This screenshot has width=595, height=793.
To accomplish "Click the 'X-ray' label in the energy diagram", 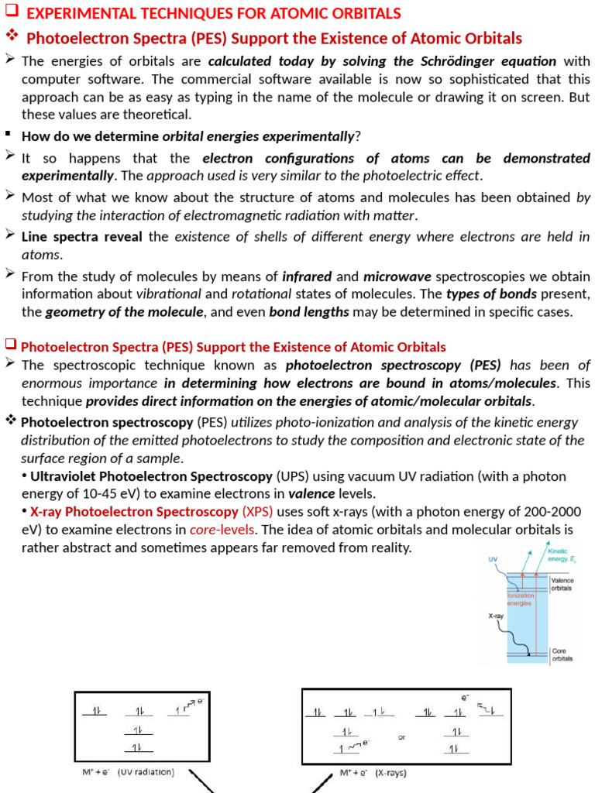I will pyautogui.click(x=497, y=616).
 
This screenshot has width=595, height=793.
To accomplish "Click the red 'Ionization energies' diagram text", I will pyautogui.click(x=520, y=599).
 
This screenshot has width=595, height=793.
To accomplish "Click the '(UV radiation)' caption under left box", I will pyautogui.click(x=146, y=772).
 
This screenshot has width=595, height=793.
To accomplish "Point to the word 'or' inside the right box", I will pyautogui.click(x=401, y=737).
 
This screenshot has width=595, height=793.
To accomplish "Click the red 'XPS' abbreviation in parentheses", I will pyautogui.click(x=257, y=512).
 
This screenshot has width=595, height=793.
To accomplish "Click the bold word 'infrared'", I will pyautogui.click(x=308, y=276).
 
